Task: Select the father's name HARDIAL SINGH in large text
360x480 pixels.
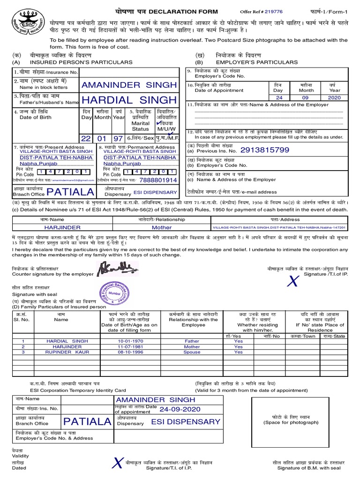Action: [x=129, y=100]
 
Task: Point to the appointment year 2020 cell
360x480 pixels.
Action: [x=334, y=98]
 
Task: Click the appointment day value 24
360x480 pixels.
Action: [x=279, y=98]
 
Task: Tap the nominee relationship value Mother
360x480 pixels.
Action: [x=162, y=227]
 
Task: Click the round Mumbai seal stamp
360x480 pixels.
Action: [x=112, y=292]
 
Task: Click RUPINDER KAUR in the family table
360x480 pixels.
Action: [x=67, y=352]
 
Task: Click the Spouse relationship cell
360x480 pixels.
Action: [x=192, y=352]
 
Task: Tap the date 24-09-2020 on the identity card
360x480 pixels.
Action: [x=180, y=409]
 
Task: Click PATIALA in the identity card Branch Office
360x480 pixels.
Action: [x=88, y=421]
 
